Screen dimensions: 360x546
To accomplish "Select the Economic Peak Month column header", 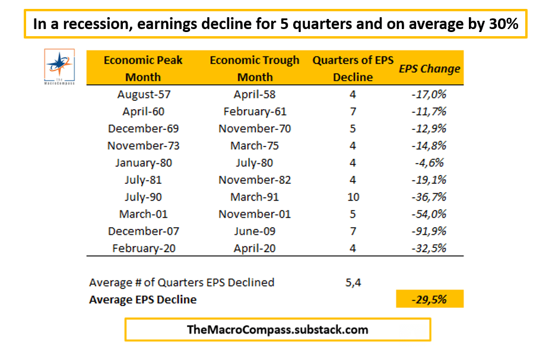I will click(x=143, y=68).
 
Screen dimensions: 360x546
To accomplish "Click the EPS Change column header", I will click(x=429, y=69).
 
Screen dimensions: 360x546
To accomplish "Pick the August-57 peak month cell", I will click(x=143, y=94).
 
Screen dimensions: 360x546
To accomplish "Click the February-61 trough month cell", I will click(x=255, y=111).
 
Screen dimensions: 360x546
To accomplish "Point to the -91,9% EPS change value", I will click(x=429, y=231).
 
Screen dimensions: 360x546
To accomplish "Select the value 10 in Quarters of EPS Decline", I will click(x=353, y=197).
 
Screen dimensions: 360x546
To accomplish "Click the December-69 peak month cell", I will click(x=143, y=129).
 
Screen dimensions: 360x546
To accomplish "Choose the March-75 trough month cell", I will click(x=255, y=146).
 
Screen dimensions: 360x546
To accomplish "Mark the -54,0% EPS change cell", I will click(x=429, y=214).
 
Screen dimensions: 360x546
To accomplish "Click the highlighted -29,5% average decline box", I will click(x=430, y=300).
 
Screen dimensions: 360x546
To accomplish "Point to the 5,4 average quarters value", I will click(x=353, y=282).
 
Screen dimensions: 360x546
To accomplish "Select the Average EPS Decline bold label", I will click(x=142, y=300).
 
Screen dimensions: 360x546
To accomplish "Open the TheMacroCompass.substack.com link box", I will click(x=277, y=330).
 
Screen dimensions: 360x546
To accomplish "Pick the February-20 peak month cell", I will click(x=143, y=249).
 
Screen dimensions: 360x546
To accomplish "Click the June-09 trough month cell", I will click(x=255, y=231).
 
